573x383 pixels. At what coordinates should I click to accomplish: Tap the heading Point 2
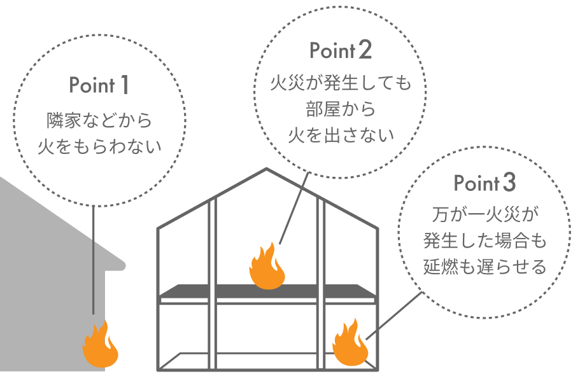click(340, 50)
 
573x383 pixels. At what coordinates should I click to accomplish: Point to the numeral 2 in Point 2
click(364, 50)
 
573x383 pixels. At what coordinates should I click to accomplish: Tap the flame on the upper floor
click(267, 267)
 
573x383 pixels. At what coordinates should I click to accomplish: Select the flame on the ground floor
click(350, 344)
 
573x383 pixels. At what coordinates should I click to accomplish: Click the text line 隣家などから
click(99, 120)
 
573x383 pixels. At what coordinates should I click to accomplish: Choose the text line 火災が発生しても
click(340, 83)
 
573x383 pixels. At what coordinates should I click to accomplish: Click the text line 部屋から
click(340, 109)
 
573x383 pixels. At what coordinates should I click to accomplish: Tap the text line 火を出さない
click(340, 135)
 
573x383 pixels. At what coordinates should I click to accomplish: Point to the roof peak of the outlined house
click(267, 170)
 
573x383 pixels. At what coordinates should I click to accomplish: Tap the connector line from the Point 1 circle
click(94, 261)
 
